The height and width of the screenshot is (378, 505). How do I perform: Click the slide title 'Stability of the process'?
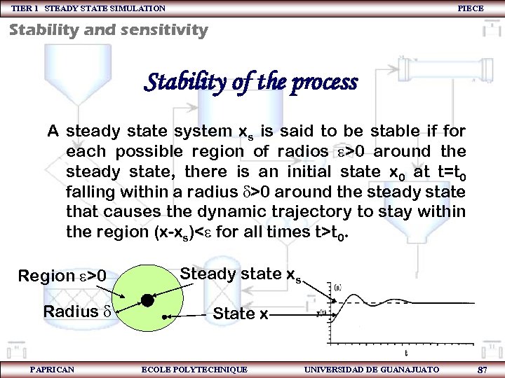click(250, 83)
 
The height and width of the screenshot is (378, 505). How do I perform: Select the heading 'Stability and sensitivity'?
click(109, 30)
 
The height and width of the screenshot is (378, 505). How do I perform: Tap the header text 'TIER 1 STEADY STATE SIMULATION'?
click(88, 8)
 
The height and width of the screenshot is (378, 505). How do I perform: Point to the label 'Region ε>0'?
click(62, 276)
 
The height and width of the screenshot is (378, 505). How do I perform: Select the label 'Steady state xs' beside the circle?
click(240, 274)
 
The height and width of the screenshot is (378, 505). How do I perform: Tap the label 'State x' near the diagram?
click(240, 314)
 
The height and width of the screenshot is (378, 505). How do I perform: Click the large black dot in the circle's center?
click(147, 300)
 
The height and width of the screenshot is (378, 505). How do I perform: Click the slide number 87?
click(482, 369)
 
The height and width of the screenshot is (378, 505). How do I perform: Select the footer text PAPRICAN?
click(52, 369)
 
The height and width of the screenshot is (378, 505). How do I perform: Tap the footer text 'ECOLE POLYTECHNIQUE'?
click(194, 369)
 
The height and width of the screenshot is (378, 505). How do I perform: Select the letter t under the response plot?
click(408, 353)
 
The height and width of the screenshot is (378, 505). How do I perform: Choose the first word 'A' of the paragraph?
click(53, 131)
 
